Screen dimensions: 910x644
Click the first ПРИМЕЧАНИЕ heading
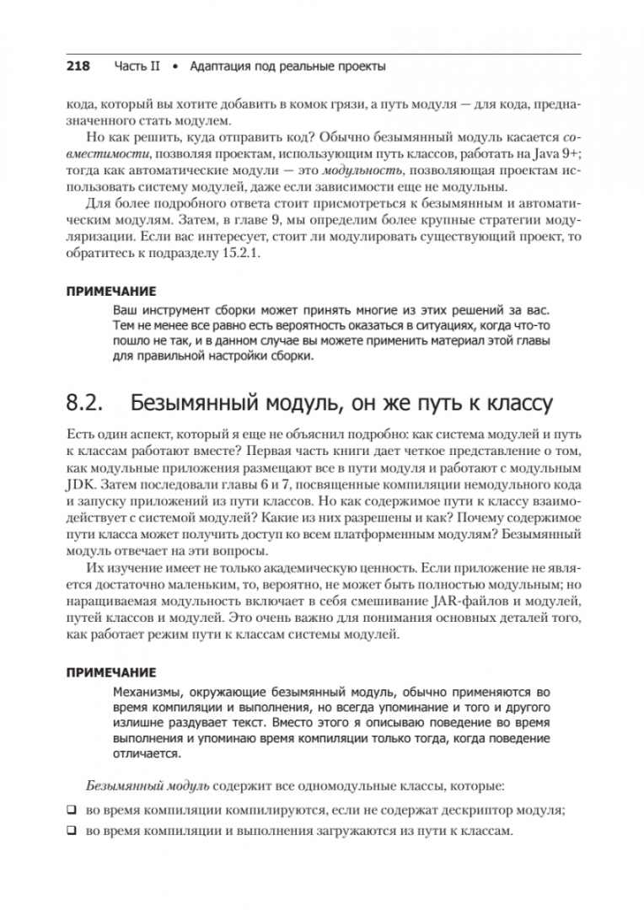click(x=110, y=292)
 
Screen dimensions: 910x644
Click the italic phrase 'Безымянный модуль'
click(x=147, y=786)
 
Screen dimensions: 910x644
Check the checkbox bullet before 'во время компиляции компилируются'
click(x=72, y=811)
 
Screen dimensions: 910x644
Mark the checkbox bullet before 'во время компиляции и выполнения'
click(x=72, y=831)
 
